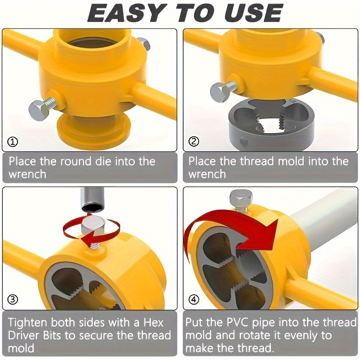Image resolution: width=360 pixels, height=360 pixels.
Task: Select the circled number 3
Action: click(13, 299)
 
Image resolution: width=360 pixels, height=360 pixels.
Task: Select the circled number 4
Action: click(194, 299)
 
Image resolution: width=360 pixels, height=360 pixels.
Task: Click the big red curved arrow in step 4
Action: click(234, 225)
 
